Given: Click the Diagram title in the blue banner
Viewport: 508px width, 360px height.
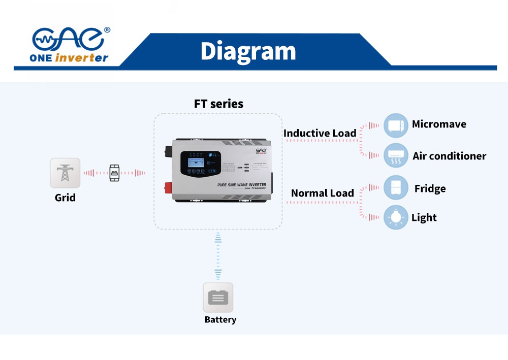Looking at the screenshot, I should coord(248,51).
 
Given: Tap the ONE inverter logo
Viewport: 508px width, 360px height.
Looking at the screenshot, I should coord(70,45).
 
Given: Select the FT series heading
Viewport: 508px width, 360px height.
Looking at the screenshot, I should coord(218,104).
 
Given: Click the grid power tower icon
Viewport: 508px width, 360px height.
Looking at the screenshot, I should coord(65,173).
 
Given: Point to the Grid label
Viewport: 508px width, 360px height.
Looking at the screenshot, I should coord(65,198).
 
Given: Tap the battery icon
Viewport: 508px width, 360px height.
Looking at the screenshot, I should coord(218,298).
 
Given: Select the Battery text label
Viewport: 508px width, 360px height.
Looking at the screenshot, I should coord(220,320).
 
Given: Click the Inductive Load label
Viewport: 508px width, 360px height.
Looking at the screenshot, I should coord(320,134).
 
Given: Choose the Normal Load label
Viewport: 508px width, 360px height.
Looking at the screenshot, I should coord(322,193).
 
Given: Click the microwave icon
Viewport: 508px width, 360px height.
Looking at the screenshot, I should coord(396,125).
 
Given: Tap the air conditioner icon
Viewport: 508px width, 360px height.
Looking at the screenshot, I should coord(396,155).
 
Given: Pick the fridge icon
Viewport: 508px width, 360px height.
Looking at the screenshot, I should coord(396,188).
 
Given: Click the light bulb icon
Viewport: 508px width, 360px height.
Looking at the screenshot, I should coord(396,217).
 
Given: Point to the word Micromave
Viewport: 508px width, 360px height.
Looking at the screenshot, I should coord(439,124).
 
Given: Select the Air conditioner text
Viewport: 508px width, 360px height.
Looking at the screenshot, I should coord(449,156).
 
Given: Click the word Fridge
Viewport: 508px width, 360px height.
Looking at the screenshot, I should coord(430,189).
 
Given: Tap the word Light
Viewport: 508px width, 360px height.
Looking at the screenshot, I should coord(424,218).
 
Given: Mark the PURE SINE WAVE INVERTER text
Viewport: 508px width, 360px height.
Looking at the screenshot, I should coord(241,185).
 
